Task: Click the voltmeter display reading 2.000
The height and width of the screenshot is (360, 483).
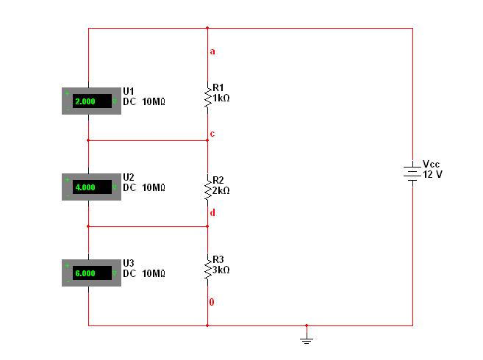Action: pyautogui.click(x=92, y=101)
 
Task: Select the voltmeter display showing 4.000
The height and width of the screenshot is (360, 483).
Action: pyautogui.click(x=92, y=187)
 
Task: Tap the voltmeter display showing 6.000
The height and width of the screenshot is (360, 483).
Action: pyautogui.click(x=92, y=273)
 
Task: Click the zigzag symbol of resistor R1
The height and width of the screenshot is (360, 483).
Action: pyautogui.click(x=208, y=98)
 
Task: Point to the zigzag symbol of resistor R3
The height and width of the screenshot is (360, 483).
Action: pyautogui.click(x=208, y=268)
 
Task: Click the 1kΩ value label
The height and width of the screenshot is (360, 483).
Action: pyautogui.click(x=221, y=98)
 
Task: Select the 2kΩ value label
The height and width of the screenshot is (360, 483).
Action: pyautogui.click(x=221, y=190)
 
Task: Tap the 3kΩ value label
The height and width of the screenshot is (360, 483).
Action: pyautogui.click(x=221, y=270)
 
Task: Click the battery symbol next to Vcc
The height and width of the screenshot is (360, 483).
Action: pyautogui.click(x=412, y=173)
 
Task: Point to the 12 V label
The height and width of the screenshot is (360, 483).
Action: pyautogui.click(x=432, y=174)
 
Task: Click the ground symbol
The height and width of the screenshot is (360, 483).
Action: pyautogui.click(x=307, y=337)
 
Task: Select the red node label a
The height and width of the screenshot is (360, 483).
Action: pyautogui.click(x=212, y=51)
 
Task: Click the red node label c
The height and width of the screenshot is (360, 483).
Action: pyautogui.click(x=212, y=134)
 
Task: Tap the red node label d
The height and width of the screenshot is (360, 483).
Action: pyautogui.click(x=212, y=212)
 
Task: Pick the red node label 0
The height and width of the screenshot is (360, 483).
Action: pyautogui.click(x=212, y=302)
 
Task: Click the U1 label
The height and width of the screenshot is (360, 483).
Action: pyautogui.click(x=129, y=91)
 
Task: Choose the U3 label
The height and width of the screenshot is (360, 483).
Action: pyautogui.click(x=129, y=263)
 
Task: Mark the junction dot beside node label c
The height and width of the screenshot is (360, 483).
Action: pyautogui.click(x=207, y=140)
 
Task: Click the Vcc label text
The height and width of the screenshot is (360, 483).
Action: pyautogui.click(x=431, y=164)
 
